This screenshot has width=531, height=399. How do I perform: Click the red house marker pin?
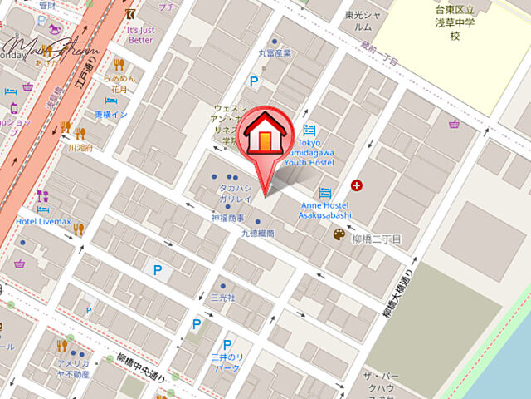264,141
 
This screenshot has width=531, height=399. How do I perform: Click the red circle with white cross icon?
357,185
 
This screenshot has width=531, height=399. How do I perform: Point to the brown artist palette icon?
339,235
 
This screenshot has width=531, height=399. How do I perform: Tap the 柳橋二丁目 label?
377,239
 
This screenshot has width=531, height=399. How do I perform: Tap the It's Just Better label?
140,34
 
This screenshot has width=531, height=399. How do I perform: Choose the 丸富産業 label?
275,53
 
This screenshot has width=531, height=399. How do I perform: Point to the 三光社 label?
223,297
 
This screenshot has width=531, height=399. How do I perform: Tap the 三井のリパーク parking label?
227,362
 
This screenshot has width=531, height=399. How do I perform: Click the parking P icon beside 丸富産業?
254,81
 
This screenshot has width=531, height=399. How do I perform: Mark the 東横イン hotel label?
110,114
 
